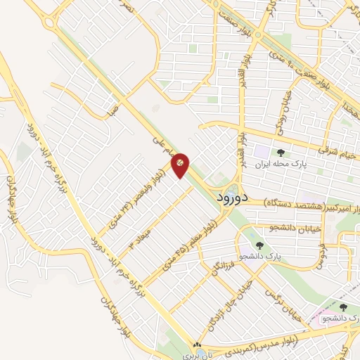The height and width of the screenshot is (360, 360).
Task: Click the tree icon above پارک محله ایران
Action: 281,152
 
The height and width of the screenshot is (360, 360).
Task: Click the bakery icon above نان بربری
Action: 198,345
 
